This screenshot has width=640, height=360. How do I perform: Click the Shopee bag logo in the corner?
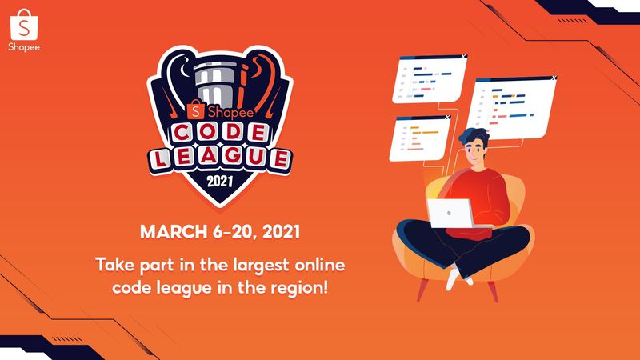(24, 25)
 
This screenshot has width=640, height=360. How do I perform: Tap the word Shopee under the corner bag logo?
(24, 47)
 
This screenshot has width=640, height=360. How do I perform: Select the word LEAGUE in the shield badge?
(220, 158)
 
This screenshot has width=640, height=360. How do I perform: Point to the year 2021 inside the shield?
(219, 182)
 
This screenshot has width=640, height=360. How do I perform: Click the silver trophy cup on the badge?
(216, 84)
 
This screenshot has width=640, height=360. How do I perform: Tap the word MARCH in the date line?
(174, 232)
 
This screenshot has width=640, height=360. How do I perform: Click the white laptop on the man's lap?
(450, 213)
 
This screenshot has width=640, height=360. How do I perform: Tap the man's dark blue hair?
(474, 135)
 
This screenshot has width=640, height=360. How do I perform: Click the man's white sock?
(454, 279)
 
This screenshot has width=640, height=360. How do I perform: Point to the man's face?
(477, 151)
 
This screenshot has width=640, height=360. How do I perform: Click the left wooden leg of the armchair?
(422, 290)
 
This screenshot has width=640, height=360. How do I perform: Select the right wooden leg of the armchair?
(494, 291)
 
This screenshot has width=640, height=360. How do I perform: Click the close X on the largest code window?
(554, 78)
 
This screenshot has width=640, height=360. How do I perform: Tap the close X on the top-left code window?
(463, 57)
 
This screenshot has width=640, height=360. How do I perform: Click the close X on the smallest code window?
(447, 117)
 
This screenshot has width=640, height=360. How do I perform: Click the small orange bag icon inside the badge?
(196, 110)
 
